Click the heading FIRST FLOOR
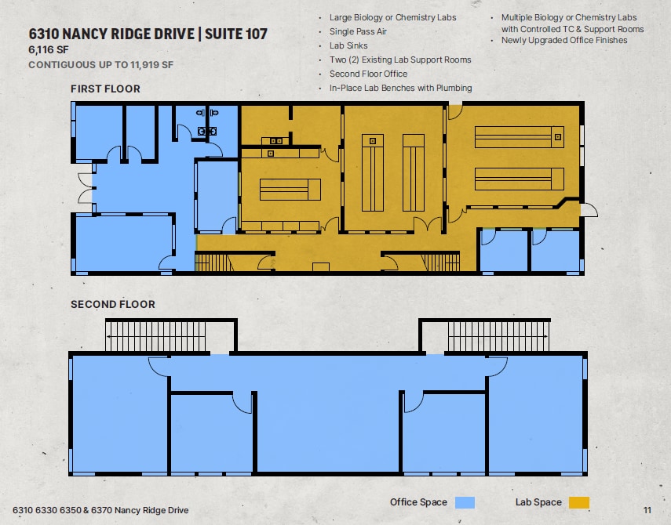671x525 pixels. coord(105,89)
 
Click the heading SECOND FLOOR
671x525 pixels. coord(113,304)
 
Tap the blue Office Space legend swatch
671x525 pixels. coord(465,502)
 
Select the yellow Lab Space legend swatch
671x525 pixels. coord(579,502)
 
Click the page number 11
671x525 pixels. coord(647,510)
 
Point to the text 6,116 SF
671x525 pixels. coord(49,50)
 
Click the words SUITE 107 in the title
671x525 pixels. coord(235,34)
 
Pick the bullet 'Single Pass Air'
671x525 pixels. coord(358,31)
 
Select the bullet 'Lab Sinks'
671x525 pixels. coord(348,45)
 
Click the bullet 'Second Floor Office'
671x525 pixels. coord(368,74)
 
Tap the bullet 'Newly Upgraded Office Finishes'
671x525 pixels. coord(564,40)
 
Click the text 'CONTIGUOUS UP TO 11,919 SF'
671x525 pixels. coord(101,65)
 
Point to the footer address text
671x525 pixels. coord(100,510)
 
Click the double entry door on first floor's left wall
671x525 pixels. coord(86,188)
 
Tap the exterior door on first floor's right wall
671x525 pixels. coord(589,210)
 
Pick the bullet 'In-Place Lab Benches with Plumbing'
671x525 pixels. coord(400,88)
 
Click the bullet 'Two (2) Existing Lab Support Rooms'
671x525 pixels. coord(400,60)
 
